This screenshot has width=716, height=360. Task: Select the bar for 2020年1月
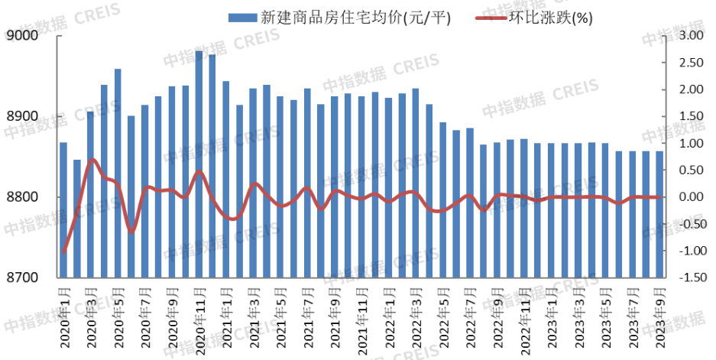[63, 210]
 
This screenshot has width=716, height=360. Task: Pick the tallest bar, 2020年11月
[199, 164]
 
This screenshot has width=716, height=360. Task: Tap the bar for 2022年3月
[415, 183]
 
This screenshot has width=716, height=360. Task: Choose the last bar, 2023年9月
[659, 214]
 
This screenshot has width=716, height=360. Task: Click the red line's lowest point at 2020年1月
[64, 252]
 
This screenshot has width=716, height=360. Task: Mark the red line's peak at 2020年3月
[92, 160]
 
